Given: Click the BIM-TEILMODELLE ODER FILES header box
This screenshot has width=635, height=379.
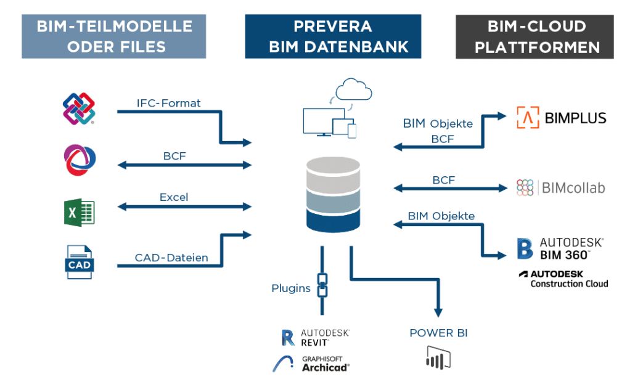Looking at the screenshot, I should pos(114,36).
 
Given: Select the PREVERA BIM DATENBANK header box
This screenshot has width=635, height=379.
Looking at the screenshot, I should pos(332,36).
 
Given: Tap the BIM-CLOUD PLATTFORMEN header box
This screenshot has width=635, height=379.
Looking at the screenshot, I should pos(535,36).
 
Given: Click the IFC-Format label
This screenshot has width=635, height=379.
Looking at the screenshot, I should pos(168,104).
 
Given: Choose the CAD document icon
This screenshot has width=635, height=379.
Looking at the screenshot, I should pos(79,263).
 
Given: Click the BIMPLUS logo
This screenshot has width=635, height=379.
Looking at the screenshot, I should pos(561,117).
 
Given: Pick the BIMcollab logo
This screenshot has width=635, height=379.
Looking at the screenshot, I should pos(561,187).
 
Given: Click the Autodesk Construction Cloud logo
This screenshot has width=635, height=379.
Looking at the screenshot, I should pos(563,279).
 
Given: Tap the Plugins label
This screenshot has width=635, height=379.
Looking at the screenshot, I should pos(291,288).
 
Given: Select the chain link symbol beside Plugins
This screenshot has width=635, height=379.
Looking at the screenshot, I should pos(322,285).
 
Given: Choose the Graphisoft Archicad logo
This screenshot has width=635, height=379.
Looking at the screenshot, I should pos(311,364).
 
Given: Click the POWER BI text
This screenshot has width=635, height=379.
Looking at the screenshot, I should pos(438,333).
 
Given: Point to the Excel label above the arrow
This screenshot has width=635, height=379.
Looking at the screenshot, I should pos(174,198).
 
